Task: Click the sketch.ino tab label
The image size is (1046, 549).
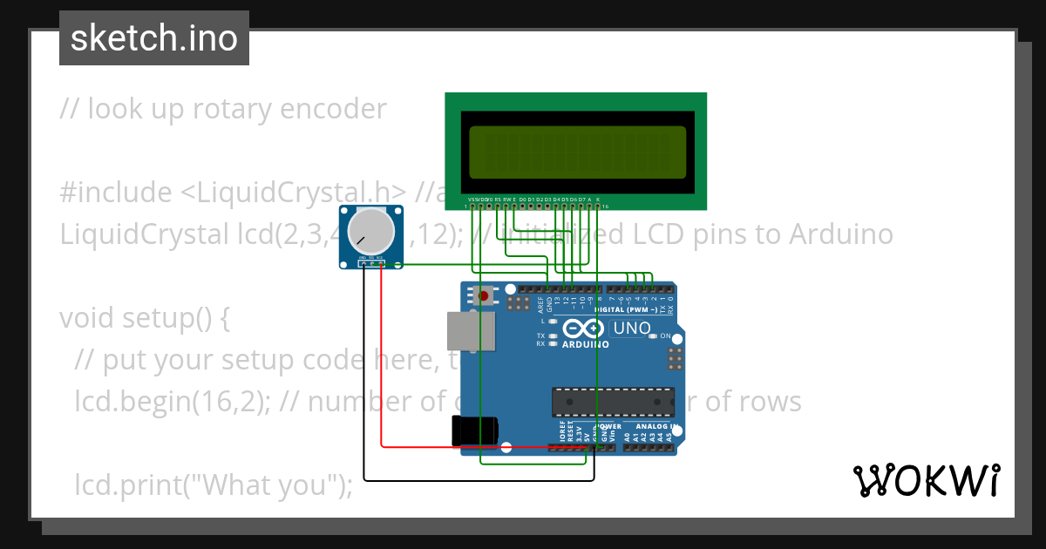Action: click(x=154, y=38)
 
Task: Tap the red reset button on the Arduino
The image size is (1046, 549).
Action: click(x=484, y=295)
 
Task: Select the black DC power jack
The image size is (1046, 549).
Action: click(x=474, y=431)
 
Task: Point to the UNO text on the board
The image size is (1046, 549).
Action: click(x=632, y=329)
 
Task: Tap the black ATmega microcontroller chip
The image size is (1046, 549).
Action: click(x=612, y=401)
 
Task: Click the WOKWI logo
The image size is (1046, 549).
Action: click(x=926, y=480)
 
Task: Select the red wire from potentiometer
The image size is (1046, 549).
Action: click(x=383, y=366)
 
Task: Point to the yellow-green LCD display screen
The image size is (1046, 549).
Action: click(x=576, y=150)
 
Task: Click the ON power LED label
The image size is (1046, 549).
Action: click(x=665, y=336)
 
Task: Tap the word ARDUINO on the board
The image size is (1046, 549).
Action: click(x=585, y=344)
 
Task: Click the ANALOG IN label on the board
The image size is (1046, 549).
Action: click(x=658, y=427)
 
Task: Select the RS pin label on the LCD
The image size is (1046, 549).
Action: click(x=498, y=200)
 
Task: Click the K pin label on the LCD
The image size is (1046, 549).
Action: click(x=597, y=200)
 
